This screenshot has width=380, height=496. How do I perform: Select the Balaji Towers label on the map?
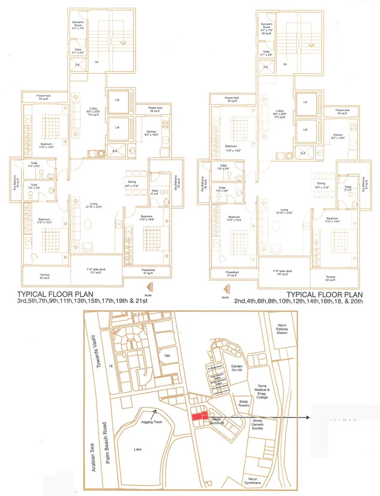[x=244, y=403]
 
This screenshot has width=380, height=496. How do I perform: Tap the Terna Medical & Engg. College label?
[x=262, y=390]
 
